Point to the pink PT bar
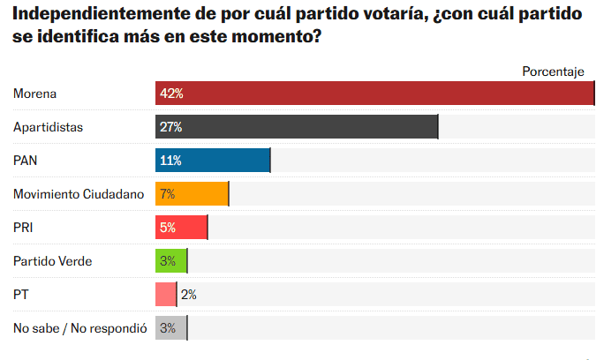point(166,295)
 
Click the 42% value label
point(170,94)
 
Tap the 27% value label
point(170,127)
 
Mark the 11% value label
point(170,161)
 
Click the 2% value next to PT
point(188,295)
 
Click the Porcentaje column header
point(554,71)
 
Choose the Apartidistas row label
point(48,127)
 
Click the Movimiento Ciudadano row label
point(79,194)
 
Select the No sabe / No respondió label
point(79,328)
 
